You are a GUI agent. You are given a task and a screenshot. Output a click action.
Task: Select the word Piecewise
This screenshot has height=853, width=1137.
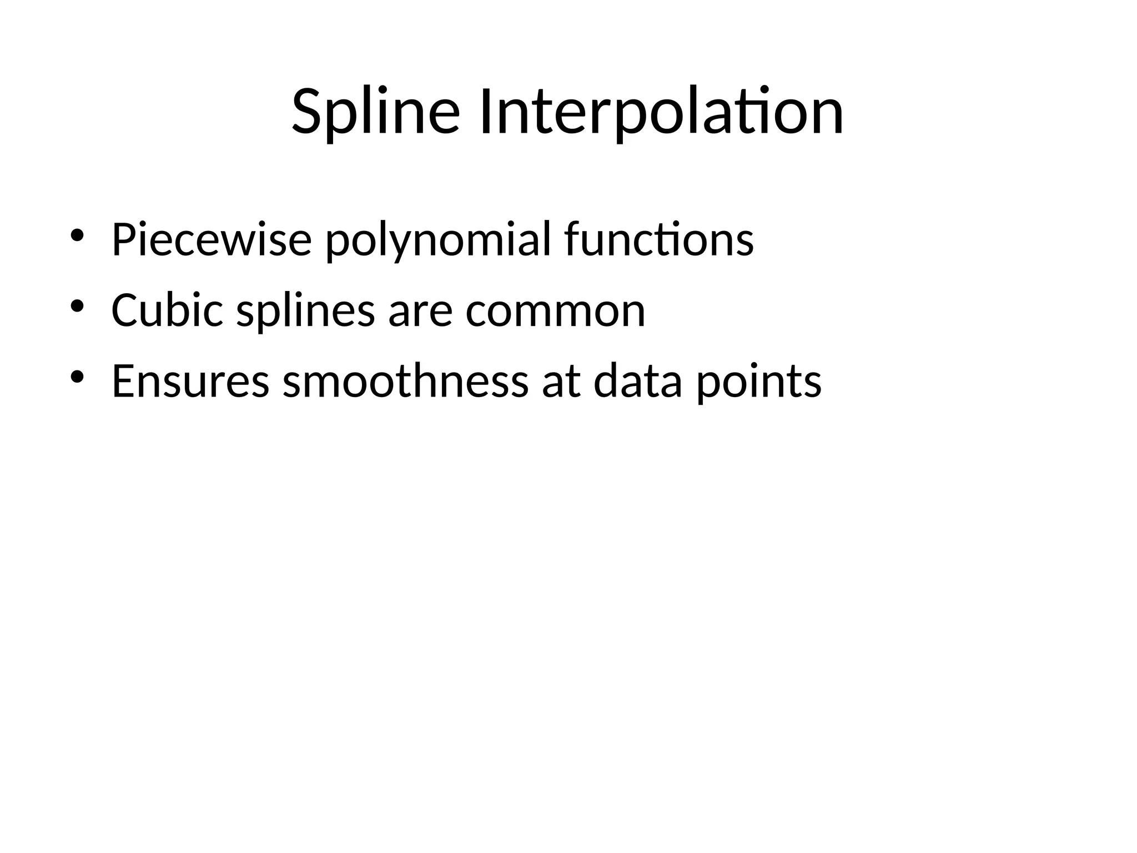pyautogui.click(x=211, y=239)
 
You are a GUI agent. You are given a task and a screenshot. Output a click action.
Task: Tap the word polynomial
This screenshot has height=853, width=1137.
pyautogui.click(x=438, y=239)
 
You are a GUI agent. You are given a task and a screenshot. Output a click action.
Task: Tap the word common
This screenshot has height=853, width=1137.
pyautogui.click(x=555, y=311)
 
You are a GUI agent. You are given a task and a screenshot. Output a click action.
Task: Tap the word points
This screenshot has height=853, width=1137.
pyautogui.click(x=758, y=382)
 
